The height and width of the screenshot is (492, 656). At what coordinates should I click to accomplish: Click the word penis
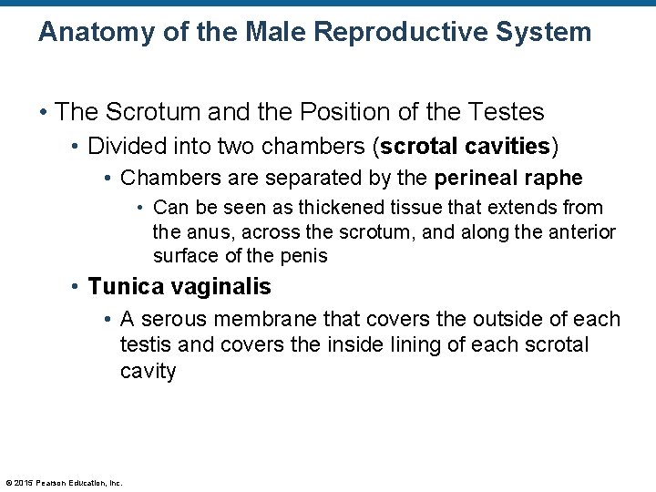click(302, 256)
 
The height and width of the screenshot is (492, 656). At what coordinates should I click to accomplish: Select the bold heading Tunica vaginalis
click(179, 287)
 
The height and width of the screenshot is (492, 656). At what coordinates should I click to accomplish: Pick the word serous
click(174, 320)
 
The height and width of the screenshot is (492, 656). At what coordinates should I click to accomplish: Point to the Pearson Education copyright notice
click(64, 483)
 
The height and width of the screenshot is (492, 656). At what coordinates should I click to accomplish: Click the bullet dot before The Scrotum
click(44, 113)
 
